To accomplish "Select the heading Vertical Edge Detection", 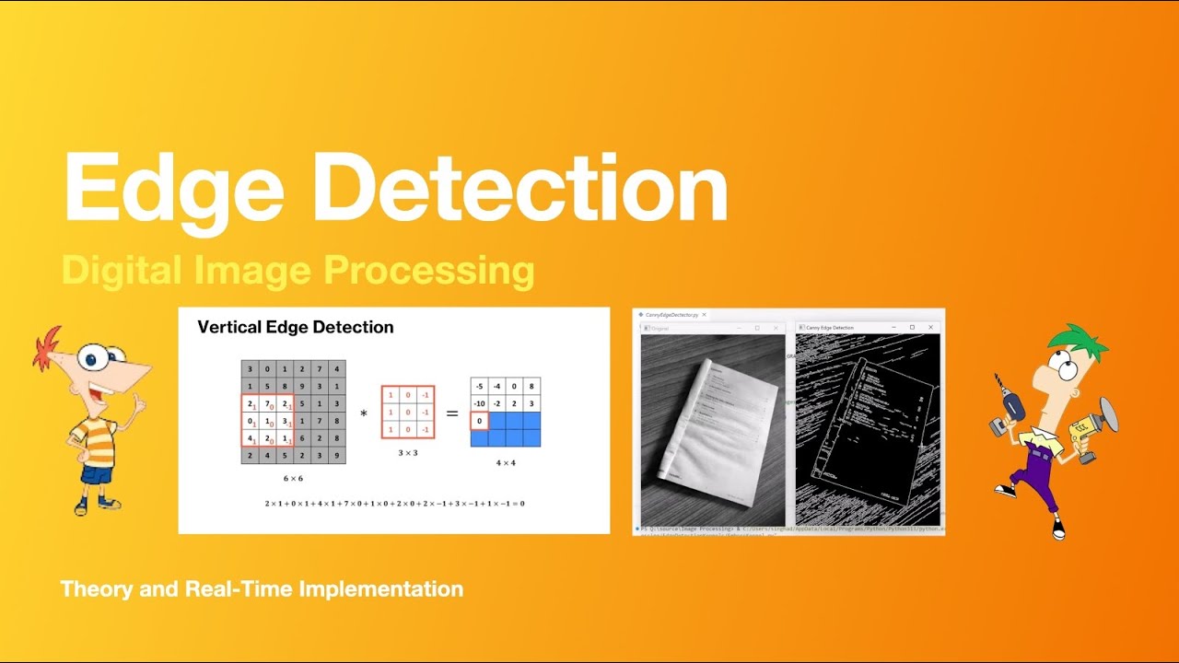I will pyautogui.click(x=296, y=327).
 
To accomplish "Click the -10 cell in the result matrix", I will pyautogui.click(x=480, y=403).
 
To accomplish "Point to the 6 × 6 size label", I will pyautogui.click(x=293, y=479).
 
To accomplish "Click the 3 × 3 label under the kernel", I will pyautogui.click(x=408, y=453).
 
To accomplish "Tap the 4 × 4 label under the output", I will pyautogui.click(x=506, y=463).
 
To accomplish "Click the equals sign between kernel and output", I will pyautogui.click(x=452, y=413).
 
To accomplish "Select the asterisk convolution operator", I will pyautogui.click(x=364, y=414).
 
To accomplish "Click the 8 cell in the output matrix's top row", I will pyautogui.click(x=531, y=387).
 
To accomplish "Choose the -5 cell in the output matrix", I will pyautogui.click(x=480, y=387).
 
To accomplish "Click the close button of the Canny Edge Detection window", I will pyautogui.click(x=931, y=327).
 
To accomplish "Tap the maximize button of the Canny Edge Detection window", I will pyautogui.click(x=912, y=327).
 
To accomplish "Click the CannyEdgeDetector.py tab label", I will pyautogui.click(x=671, y=315).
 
